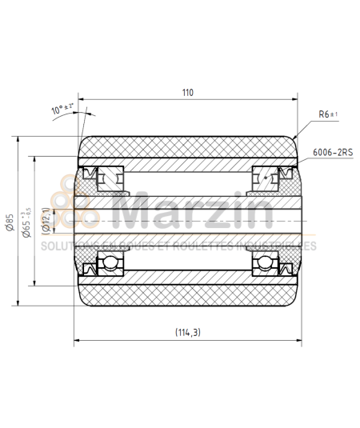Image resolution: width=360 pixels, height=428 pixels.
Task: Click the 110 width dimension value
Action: (x=187, y=93)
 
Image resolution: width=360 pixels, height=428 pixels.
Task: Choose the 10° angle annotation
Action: (x=62, y=107)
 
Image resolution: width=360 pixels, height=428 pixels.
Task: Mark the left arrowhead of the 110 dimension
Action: (x=81, y=102)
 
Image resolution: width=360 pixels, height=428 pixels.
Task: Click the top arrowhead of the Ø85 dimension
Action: (x=15, y=136)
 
